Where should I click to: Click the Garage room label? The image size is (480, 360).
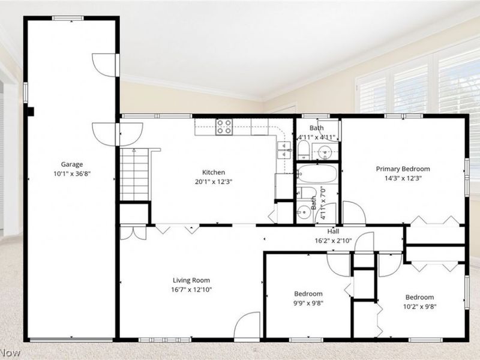click(x=71, y=164)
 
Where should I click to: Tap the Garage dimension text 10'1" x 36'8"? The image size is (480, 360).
click(x=72, y=174)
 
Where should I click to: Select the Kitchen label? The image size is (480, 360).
click(x=214, y=172)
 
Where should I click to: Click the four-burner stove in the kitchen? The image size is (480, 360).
click(x=224, y=127)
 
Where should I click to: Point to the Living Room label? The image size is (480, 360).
click(x=191, y=280)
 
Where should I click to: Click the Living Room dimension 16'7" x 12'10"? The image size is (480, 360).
click(x=191, y=290)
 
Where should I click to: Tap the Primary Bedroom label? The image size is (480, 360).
click(x=403, y=169)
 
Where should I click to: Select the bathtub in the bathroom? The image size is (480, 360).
click(x=317, y=174)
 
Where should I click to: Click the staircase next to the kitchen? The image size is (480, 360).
click(x=134, y=175)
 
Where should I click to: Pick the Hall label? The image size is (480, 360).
click(x=333, y=232)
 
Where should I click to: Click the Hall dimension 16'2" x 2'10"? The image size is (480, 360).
click(x=334, y=241)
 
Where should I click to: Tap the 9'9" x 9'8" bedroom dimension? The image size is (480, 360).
click(x=308, y=304)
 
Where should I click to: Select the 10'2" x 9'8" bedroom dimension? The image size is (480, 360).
click(x=419, y=307)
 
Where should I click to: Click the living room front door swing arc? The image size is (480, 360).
click(x=242, y=319)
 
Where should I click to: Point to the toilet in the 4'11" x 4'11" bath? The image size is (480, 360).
click(x=304, y=149)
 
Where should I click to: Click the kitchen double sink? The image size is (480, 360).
click(x=284, y=149)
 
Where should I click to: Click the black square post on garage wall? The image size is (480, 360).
click(x=31, y=112)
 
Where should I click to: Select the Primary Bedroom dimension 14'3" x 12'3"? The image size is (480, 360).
click(x=403, y=178)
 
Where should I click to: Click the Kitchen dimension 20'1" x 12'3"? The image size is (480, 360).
click(x=214, y=182)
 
